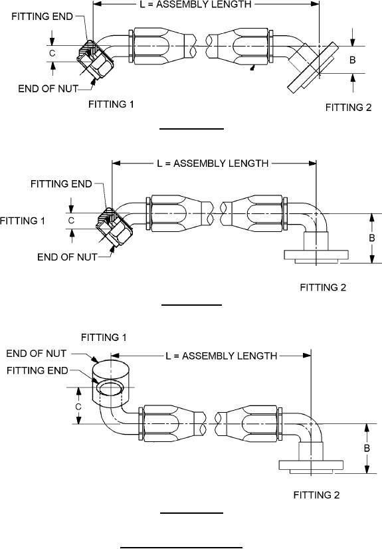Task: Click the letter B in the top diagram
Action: pyautogui.click(x=352, y=60)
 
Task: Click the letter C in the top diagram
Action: pyautogui.click(x=52, y=53)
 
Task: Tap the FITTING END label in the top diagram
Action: pyautogui.click(x=42, y=17)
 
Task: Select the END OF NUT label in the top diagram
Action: pyautogui.click(x=48, y=88)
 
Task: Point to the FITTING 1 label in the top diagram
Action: pyautogui.click(x=111, y=104)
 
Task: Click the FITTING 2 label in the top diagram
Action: pyautogui.click(x=348, y=108)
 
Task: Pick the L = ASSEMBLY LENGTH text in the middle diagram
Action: pyautogui.click(x=213, y=164)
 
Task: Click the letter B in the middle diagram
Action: pyautogui.click(x=371, y=238)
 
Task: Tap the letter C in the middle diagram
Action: pyautogui.click(x=71, y=221)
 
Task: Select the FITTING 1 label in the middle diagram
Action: pyautogui.click(x=23, y=221)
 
